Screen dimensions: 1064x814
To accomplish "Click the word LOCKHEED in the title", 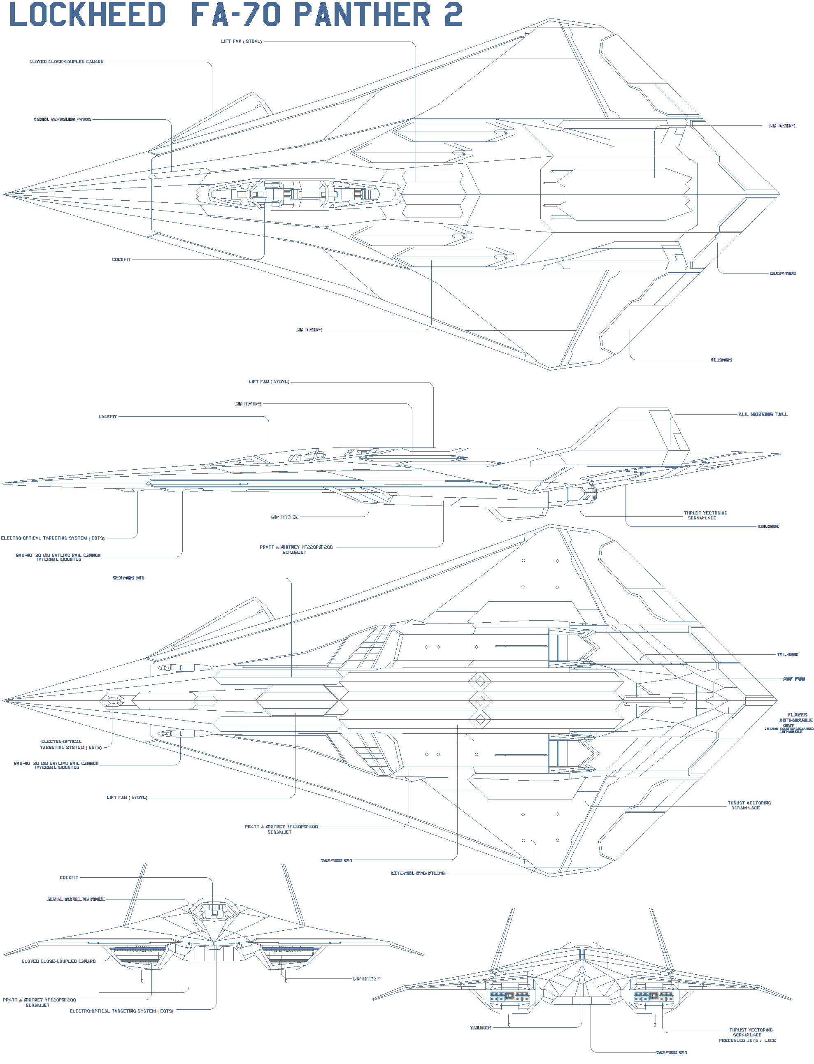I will (x=87, y=14).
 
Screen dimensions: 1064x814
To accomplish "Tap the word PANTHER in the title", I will (x=362, y=14).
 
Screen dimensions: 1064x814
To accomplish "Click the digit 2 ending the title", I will (x=453, y=14).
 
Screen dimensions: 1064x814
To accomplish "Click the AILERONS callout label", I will (x=721, y=360).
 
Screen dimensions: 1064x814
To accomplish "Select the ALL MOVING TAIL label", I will (x=763, y=415).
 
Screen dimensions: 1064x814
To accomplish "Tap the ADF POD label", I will (x=794, y=679).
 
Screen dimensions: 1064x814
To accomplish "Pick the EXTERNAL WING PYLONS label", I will (x=418, y=873).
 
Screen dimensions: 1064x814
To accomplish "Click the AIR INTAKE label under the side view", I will (x=284, y=517).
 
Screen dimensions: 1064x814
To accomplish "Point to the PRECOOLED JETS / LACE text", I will (x=747, y=1040).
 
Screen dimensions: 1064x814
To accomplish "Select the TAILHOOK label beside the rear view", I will (x=481, y=1028).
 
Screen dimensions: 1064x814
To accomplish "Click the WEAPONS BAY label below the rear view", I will (x=672, y=1052).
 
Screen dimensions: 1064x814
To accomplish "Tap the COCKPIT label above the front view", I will (x=69, y=878).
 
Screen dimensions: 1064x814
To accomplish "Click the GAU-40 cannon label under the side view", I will (x=58, y=557).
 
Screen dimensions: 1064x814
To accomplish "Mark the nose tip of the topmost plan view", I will (x=4, y=194).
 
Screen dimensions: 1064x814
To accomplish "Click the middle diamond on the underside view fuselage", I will (x=480, y=700).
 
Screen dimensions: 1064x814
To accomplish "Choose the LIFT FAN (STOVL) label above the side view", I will (x=269, y=382).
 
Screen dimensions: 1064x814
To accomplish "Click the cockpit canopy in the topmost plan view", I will (x=295, y=194).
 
